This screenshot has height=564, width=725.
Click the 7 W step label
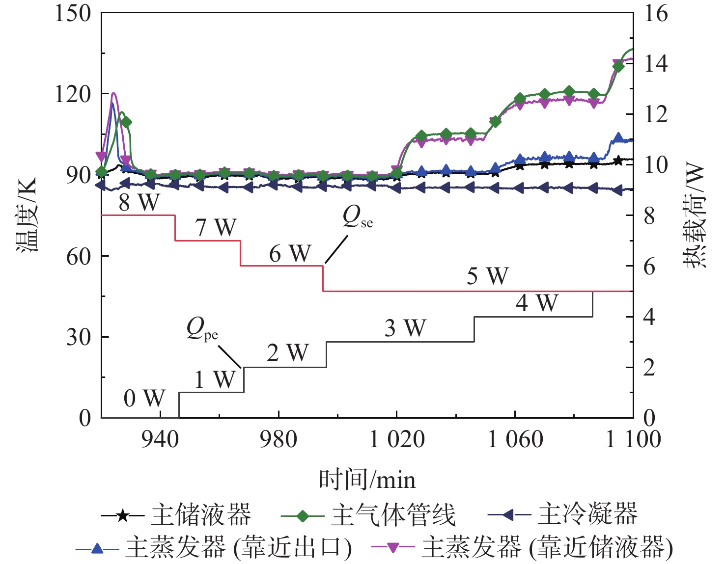tap(216, 227)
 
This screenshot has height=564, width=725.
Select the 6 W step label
tap(290, 254)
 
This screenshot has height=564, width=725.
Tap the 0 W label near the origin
tap(144, 398)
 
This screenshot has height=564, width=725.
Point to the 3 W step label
tap(405, 328)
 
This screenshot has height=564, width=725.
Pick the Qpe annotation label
tap(202, 329)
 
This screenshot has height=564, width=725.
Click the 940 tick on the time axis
tap(160, 439)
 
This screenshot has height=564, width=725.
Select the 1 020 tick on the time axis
tap(397, 439)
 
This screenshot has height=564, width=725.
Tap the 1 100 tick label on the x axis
tap(633, 439)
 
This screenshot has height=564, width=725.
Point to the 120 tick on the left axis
tap(73, 94)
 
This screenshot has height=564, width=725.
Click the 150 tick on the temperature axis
tap(73, 13)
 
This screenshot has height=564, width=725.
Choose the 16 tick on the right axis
tap(656, 13)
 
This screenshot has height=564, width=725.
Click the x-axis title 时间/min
tap(367, 480)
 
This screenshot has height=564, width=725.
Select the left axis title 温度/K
tap(27, 215)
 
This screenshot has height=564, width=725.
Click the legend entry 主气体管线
tap(393, 515)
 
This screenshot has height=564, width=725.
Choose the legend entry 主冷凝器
tap(587, 514)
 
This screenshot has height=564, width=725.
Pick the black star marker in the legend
tap(123, 515)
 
